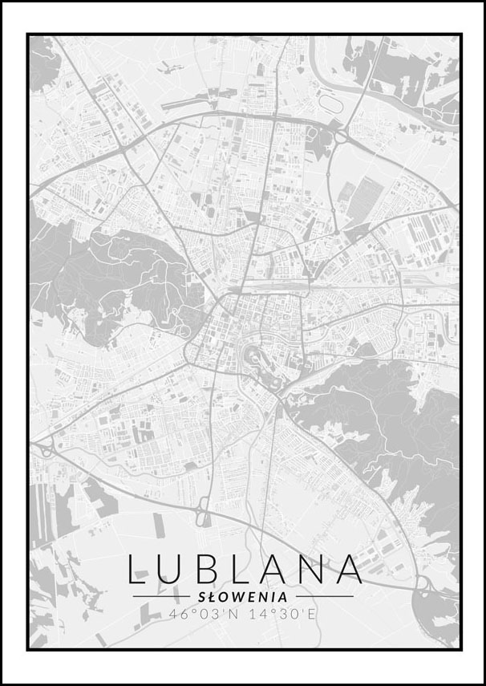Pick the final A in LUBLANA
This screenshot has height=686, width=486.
(348, 568)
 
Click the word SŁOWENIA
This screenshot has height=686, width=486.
(243, 597)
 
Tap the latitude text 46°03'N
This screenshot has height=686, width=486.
(205, 614)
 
